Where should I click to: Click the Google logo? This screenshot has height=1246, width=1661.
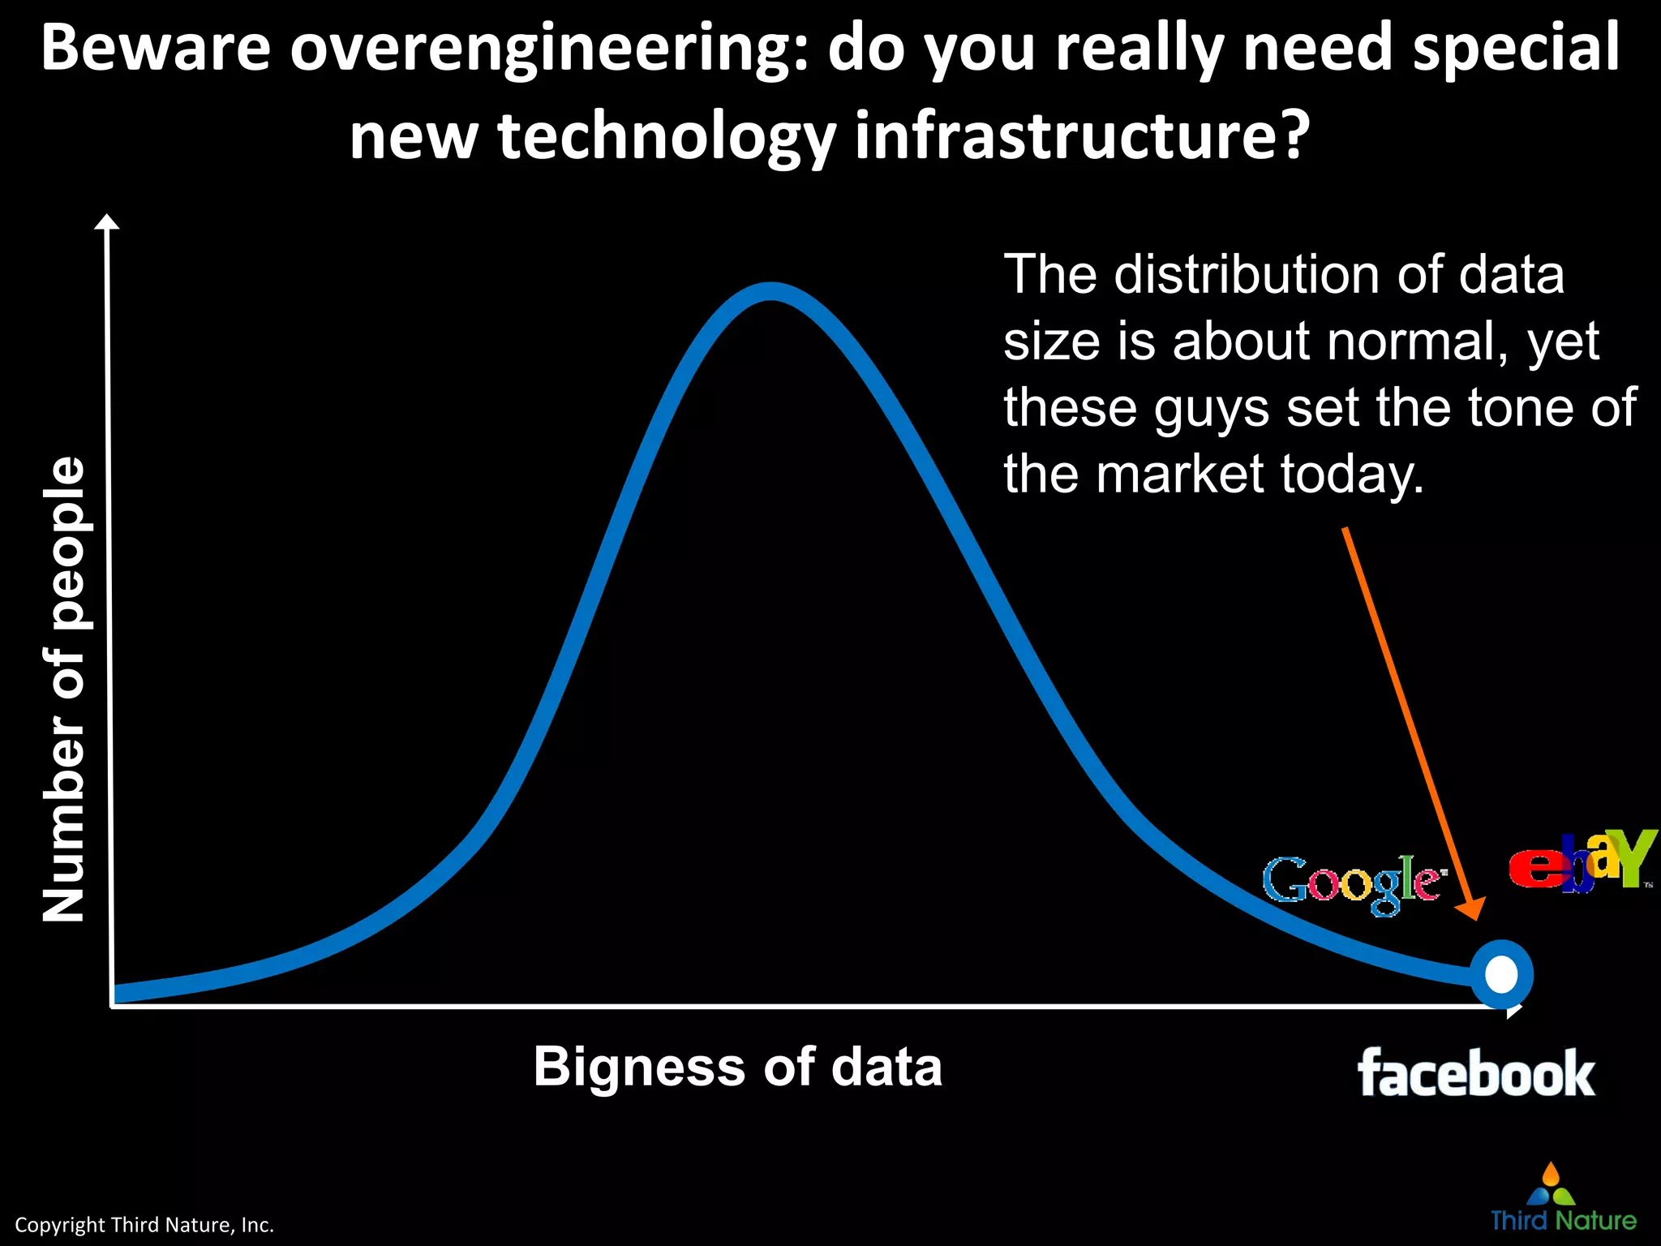[1354, 883]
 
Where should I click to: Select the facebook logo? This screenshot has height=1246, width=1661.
[1476, 1073]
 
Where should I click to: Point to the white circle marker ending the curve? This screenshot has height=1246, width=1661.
[1501, 974]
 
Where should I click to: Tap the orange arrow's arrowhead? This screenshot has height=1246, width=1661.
[1473, 909]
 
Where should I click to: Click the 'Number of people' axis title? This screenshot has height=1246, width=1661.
[64, 689]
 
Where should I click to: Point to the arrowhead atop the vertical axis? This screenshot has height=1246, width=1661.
[107, 222]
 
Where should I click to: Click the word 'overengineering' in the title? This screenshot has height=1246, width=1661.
[547, 49]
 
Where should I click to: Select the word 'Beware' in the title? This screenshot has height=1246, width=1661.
[156, 49]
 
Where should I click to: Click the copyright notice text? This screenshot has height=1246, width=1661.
[144, 1225]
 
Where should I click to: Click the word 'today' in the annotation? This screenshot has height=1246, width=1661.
[1351, 475]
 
